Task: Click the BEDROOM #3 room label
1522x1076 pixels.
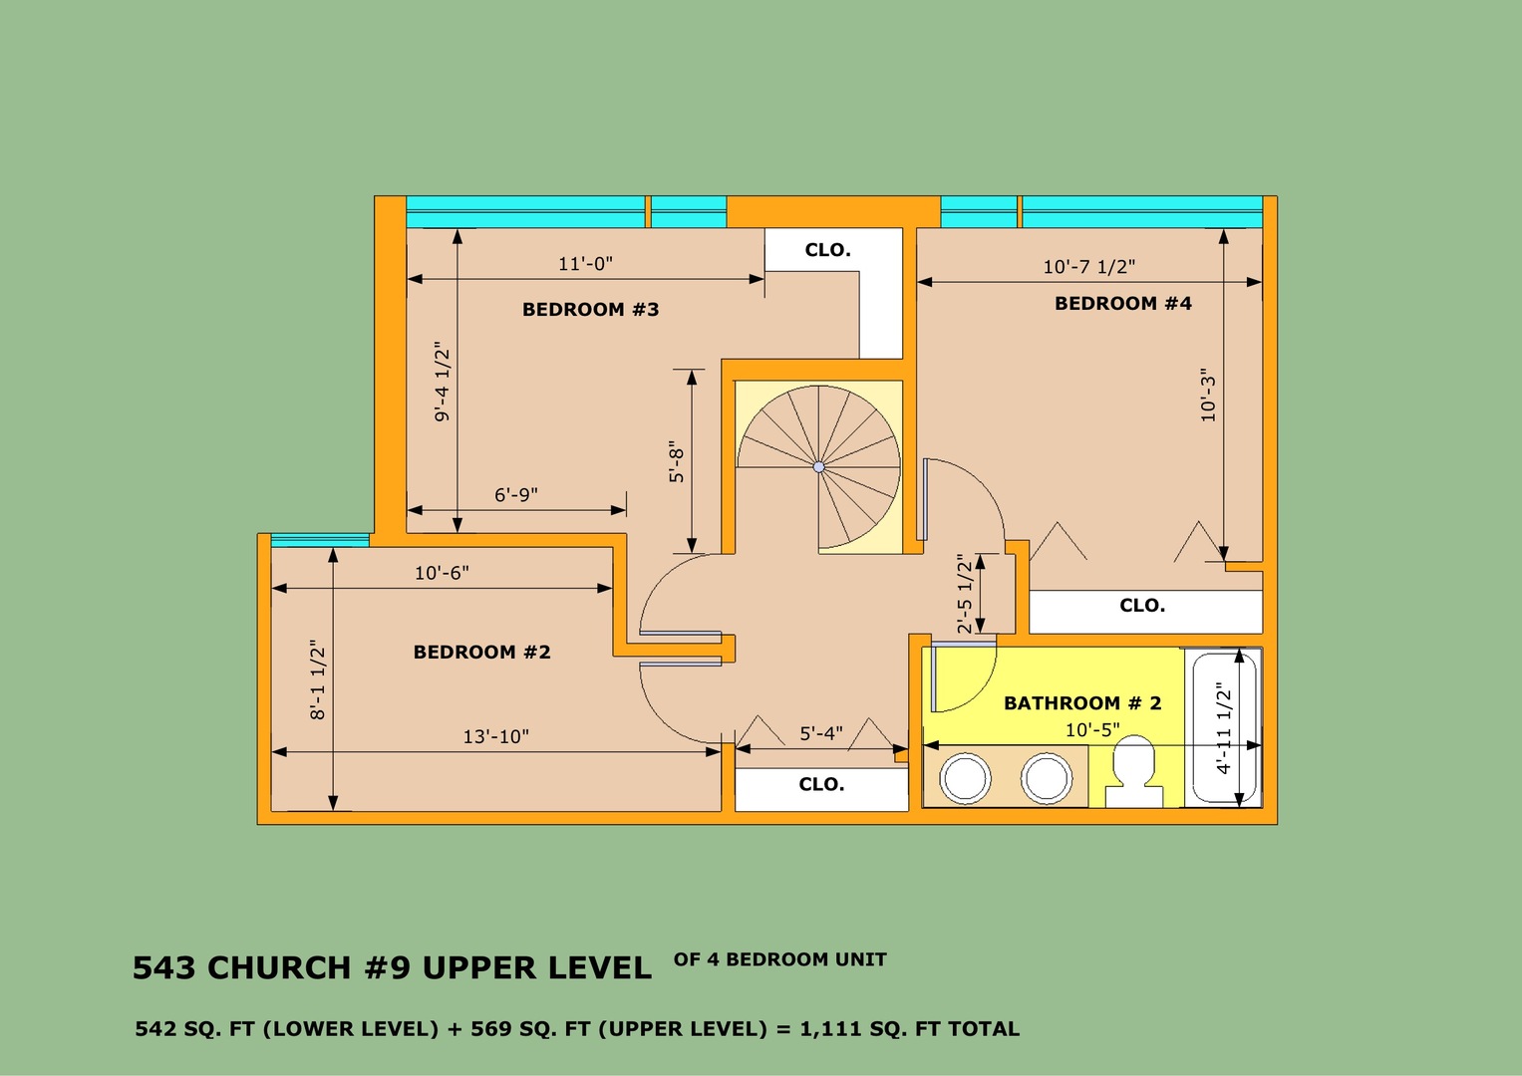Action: pyautogui.click(x=590, y=310)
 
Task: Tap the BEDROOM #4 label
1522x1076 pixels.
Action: pyautogui.click(x=1123, y=304)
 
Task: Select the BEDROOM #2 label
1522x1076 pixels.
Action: pyautogui.click(x=481, y=653)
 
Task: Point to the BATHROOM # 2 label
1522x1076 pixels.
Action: pyautogui.click(x=1082, y=703)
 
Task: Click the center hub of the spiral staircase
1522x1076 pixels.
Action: pyautogui.click(x=818, y=466)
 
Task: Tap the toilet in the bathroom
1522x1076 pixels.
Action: pyautogui.click(x=1134, y=773)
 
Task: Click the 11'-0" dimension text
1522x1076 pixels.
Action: pyautogui.click(x=586, y=264)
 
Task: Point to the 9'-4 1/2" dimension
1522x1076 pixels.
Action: pyautogui.click(x=442, y=381)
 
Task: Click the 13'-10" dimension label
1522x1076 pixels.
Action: pyautogui.click(x=496, y=736)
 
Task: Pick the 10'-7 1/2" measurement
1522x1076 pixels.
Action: pyautogui.click(x=1089, y=267)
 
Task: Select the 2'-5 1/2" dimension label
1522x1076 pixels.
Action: pyautogui.click(x=965, y=594)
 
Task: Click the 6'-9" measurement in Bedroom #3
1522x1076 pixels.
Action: pyautogui.click(x=515, y=494)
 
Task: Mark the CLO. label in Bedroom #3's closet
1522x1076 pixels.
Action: pyautogui.click(x=827, y=250)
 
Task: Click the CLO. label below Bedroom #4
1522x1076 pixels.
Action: pyautogui.click(x=1142, y=606)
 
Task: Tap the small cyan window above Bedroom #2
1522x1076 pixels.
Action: pyautogui.click(x=320, y=540)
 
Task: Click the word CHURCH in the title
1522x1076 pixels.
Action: pyautogui.click(x=278, y=968)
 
